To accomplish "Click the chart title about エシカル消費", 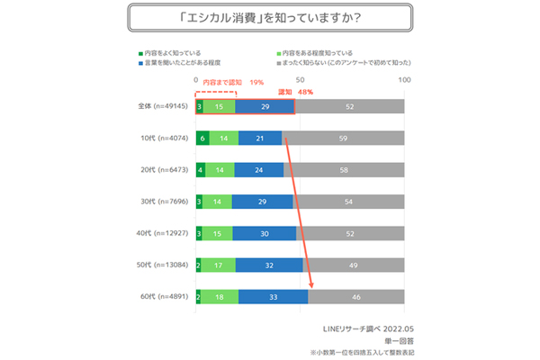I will pyautogui.click(x=269, y=17).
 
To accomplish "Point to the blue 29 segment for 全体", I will pyautogui.click(x=265, y=105).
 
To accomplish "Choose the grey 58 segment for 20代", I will pyautogui.click(x=345, y=168).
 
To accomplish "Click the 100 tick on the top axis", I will pyautogui.click(x=404, y=81).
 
